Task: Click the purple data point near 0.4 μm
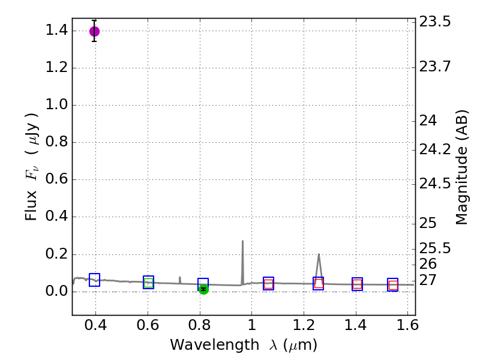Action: [x=94, y=31]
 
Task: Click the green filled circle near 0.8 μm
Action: [x=203, y=289]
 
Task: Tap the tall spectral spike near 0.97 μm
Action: [x=242, y=242]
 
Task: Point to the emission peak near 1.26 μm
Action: [x=319, y=255]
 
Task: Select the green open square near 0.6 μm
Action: [x=148, y=283]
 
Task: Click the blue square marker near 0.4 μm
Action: [x=94, y=280]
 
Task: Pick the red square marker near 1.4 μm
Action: [x=357, y=284]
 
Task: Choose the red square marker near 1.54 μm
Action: [x=393, y=285]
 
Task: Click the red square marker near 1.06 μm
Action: [x=268, y=284]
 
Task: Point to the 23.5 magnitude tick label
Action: [x=434, y=22]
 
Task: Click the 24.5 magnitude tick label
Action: [x=434, y=184]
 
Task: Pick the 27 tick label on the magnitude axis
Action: [x=428, y=280]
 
